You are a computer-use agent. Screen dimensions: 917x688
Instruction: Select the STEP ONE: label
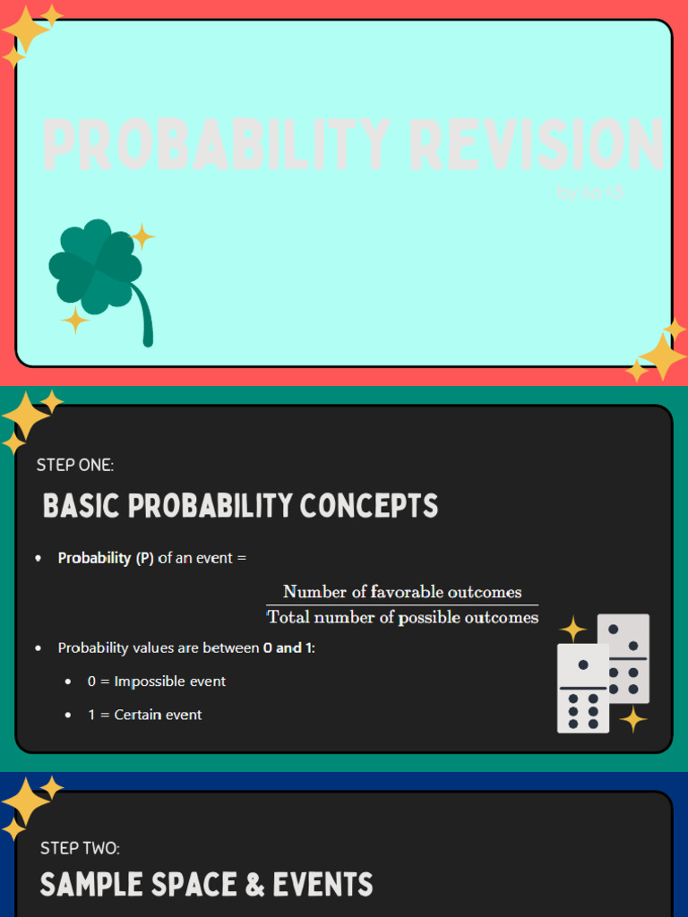75,465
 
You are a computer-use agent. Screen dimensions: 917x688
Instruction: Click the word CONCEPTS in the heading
369,506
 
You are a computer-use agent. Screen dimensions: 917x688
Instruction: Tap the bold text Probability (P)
106,558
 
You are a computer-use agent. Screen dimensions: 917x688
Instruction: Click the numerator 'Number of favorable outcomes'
402,591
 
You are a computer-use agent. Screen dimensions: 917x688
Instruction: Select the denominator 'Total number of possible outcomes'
402,617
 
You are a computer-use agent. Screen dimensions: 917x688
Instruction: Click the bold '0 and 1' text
288,647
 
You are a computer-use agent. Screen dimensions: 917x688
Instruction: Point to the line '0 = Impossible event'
157,681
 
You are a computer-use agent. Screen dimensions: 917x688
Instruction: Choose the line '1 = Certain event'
145,715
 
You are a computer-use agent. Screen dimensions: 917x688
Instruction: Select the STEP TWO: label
80,848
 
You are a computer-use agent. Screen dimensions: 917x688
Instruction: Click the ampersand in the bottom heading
254,886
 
